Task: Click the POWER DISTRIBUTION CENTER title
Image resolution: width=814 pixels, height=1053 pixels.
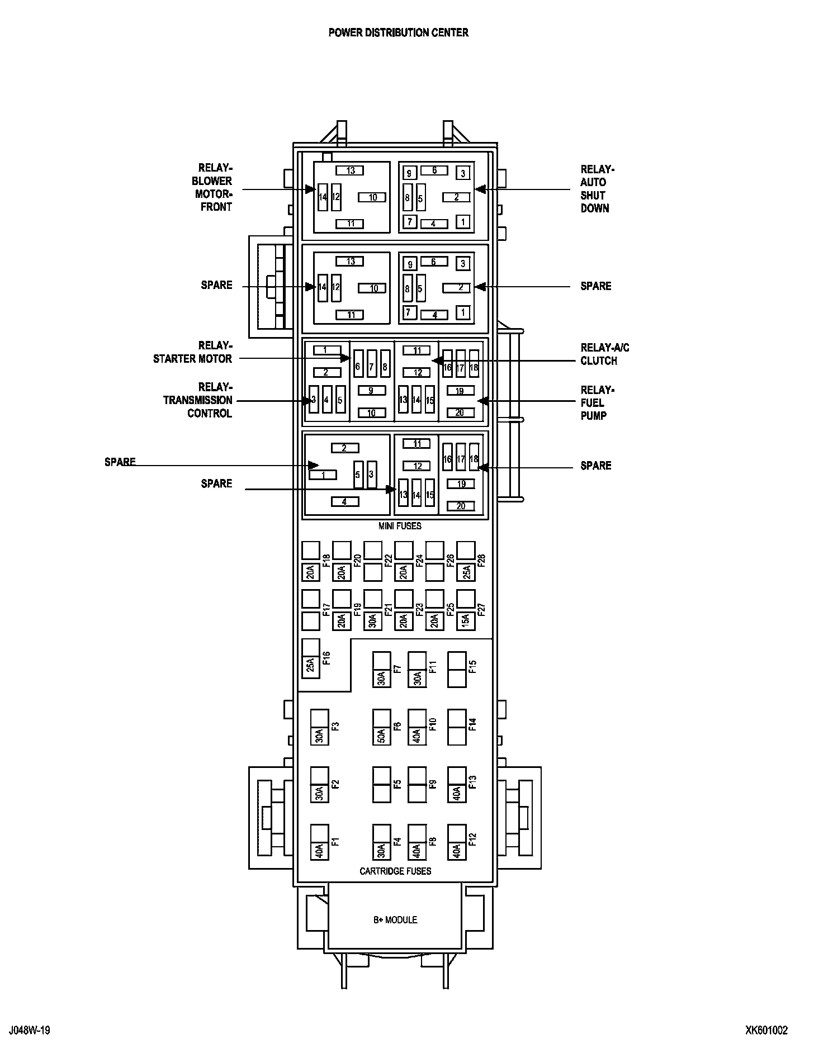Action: click(x=398, y=32)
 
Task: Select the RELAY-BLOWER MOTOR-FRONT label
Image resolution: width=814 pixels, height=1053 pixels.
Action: click(x=212, y=187)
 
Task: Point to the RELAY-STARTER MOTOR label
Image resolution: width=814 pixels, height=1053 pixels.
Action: click(x=193, y=352)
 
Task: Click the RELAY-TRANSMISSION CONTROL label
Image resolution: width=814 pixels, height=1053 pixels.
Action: click(x=198, y=400)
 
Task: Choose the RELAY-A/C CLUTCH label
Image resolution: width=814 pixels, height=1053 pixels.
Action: click(x=604, y=354)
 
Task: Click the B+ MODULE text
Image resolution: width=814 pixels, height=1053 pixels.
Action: click(x=395, y=919)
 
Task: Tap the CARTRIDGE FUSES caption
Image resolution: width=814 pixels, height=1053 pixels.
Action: click(x=395, y=871)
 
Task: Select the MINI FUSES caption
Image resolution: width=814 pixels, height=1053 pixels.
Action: click(x=400, y=526)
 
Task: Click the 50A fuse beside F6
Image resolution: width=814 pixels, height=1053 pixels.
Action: click(x=382, y=736)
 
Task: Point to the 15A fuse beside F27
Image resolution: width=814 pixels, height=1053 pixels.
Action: click(x=466, y=620)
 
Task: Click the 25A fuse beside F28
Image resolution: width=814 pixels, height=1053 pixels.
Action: click(x=466, y=572)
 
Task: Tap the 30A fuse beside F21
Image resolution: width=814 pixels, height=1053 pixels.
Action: click(x=373, y=620)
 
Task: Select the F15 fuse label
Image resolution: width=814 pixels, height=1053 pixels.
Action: click(x=472, y=667)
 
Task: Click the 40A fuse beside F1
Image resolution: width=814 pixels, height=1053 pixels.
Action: click(x=319, y=850)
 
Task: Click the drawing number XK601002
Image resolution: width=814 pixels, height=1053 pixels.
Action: click(x=766, y=1030)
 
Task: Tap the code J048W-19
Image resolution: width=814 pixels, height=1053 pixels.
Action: click(x=30, y=1030)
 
